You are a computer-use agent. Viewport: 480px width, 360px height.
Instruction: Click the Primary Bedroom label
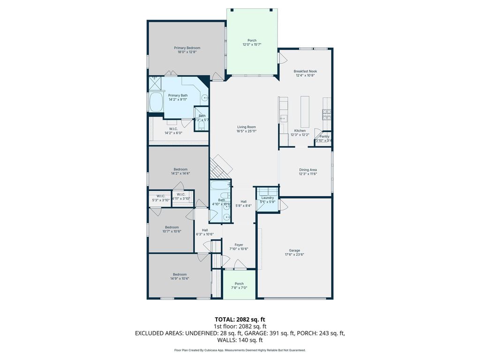(187, 48)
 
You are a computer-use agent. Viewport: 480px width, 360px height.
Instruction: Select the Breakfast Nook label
(306, 71)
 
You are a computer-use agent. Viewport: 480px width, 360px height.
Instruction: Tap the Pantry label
(324, 136)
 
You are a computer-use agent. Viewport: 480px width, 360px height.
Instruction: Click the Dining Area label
(308, 170)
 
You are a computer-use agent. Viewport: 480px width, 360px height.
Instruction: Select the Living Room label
(247, 127)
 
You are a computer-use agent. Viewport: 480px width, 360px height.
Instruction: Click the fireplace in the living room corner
(220, 167)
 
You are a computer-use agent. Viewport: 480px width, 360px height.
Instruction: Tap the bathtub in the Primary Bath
(155, 102)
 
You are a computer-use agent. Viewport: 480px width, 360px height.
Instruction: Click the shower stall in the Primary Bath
(155, 83)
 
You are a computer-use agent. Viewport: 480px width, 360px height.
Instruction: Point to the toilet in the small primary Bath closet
(202, 125)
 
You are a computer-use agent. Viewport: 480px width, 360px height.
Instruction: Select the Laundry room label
(268, 198)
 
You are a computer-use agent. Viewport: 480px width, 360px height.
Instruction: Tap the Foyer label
(239, 245)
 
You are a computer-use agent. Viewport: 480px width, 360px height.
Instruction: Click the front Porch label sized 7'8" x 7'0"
(239, 284)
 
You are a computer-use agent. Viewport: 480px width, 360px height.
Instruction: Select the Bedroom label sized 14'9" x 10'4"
(180, 274)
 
